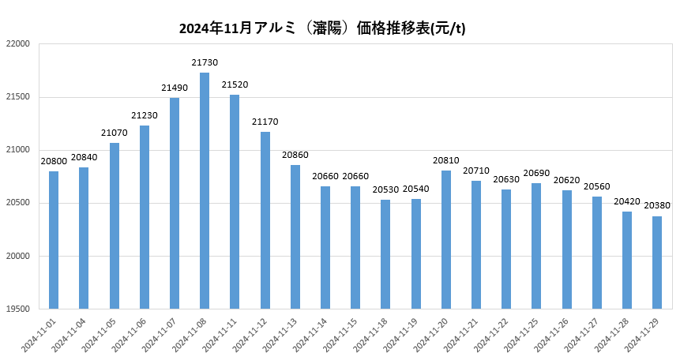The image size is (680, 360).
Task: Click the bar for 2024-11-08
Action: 205,190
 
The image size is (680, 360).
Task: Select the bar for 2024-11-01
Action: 54,240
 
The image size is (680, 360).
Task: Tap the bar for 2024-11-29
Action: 657,262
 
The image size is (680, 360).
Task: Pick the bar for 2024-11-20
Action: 446,239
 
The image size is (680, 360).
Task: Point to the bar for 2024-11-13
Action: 295,237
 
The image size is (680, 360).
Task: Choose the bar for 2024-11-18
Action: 385,254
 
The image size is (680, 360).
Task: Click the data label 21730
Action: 205,62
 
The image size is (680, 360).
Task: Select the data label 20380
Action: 657,205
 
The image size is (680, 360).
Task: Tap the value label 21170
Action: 265,122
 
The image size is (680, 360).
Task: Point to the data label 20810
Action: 446,160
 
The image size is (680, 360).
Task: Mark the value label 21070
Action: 115,133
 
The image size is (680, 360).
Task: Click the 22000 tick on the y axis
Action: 18,44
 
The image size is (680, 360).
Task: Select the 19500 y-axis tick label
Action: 18,309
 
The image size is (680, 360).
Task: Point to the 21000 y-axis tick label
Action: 18,150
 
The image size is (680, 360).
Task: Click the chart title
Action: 322,29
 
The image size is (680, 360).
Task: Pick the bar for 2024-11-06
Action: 145,217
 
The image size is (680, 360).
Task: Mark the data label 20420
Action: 627,201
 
